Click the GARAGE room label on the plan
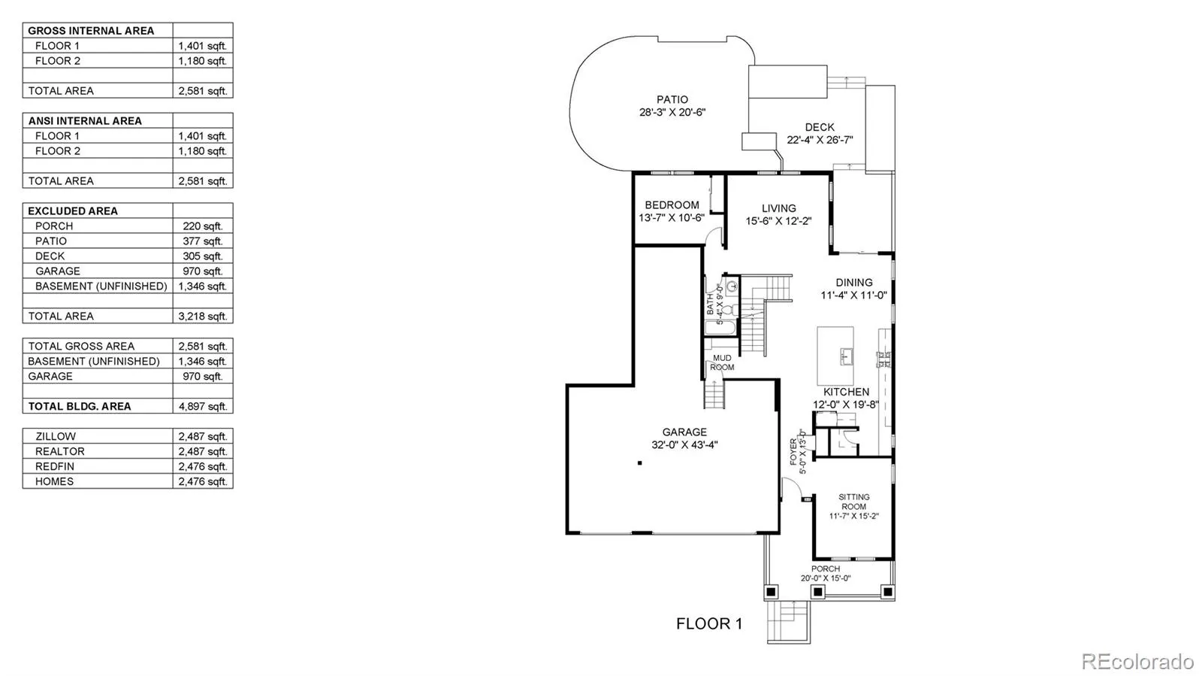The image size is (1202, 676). point(684,432)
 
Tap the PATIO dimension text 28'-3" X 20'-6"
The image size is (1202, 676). point(672,113)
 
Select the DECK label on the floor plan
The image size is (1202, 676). point(820,127)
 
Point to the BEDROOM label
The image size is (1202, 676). point(672,205)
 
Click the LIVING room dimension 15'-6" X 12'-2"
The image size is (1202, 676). point(778,221)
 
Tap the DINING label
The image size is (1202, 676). point(854,283)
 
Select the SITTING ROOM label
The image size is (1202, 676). point(854,502)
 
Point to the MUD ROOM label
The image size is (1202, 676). point(722,362)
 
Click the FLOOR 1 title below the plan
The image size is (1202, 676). point(708,623)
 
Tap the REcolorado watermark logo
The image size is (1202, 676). point(1137,661)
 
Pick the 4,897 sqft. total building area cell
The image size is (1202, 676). point(202,406)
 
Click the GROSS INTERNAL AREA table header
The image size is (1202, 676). point(91,31)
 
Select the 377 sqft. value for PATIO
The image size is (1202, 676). point(202,241)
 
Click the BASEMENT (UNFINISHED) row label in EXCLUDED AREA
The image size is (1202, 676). point(101,286)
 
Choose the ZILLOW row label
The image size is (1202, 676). point(56,436)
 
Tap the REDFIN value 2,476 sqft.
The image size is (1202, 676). point(202,466)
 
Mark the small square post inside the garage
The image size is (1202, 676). point(640,463)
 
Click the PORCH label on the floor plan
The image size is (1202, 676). point(825,568)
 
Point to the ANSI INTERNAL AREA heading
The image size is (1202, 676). point(85,120)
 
